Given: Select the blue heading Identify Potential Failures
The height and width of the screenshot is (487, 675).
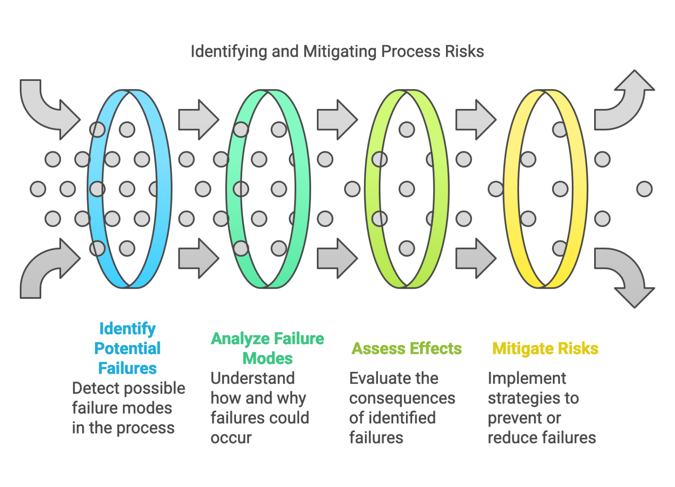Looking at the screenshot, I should [x=127, y=348].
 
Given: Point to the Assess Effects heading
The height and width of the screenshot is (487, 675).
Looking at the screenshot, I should [x=406, y=349].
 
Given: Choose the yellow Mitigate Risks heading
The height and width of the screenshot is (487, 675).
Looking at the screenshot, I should [x=545, y=349].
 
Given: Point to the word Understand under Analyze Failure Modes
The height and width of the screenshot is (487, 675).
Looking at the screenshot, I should [x=252, y=378].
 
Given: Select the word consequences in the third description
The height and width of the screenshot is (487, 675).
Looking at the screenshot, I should [x=402, y=398].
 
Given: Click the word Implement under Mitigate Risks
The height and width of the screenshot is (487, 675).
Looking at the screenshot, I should [x=527, y=378].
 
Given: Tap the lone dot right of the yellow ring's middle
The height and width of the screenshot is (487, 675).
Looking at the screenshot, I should [x=644, y=189].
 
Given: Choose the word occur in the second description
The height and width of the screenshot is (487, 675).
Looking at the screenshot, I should [x=231, y=438].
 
